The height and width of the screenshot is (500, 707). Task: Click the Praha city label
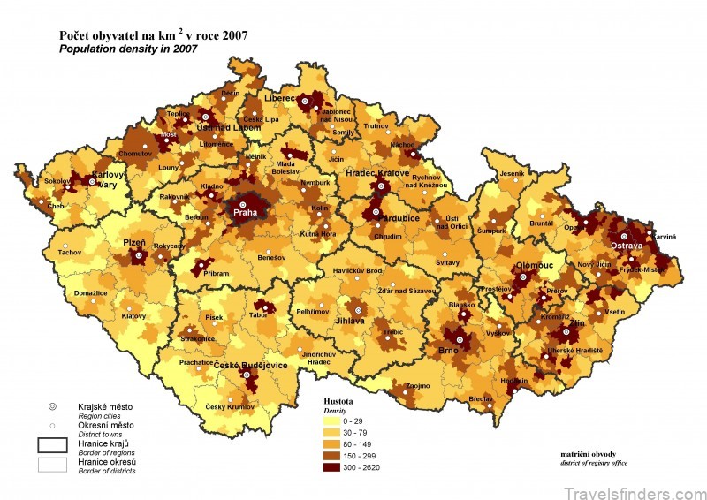pyautogui.click(x=243, y=213)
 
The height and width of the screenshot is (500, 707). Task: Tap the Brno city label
pyautogui.click(x=449, y=350)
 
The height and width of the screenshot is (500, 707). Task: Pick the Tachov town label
pyautogui.click(x=69, y=252)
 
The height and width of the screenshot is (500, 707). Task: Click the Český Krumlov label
pyautogui.click(x=230, y=405)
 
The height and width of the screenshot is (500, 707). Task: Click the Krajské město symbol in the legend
pyautogui.click(x=52, y=406)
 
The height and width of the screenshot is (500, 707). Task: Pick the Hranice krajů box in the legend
pyautogui.click(x=52, y=443)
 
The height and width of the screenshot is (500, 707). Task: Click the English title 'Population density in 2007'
pyautogui.click(x=127, y=49)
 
